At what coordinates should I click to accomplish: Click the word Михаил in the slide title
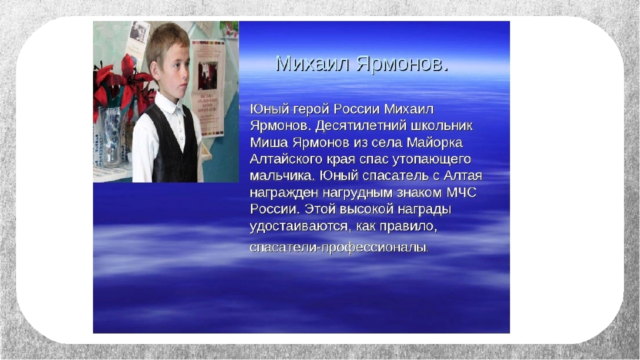[312, 64]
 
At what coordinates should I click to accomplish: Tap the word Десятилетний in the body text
[361, 125]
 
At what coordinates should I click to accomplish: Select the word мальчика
[280, 176]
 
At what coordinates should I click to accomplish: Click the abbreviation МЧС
[461, 192]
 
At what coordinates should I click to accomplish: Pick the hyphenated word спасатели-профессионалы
[339, 247]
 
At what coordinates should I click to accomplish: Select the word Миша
[269, 142]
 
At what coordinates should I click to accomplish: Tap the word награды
[424, 210]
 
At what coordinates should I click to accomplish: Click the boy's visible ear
[153, 71]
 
